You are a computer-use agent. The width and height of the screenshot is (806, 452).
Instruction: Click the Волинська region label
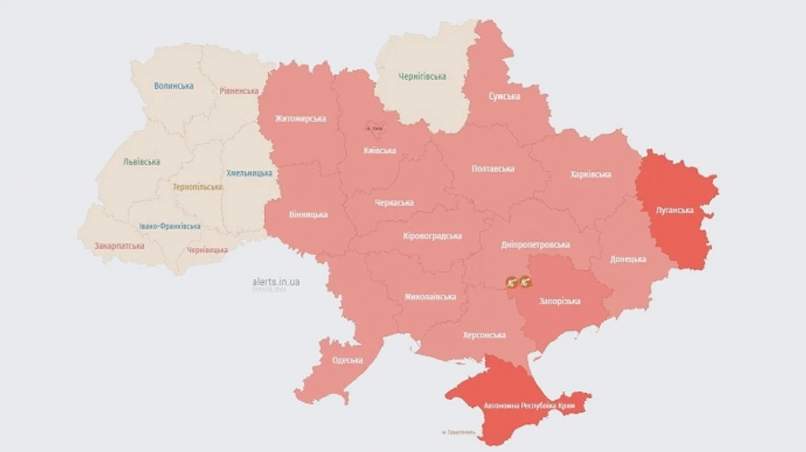174,86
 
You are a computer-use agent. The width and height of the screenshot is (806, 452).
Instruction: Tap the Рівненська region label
239,91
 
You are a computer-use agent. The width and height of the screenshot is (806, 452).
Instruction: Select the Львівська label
141,162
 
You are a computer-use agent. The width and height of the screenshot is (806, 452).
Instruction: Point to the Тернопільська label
198,187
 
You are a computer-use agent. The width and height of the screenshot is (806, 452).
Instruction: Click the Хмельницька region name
250,172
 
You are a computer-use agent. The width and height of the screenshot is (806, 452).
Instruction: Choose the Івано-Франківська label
170,226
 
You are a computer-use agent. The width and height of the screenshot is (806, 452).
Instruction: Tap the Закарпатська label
120,244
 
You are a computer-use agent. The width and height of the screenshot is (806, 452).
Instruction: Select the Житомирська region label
301,119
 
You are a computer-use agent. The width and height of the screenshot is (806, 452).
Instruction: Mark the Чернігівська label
422,77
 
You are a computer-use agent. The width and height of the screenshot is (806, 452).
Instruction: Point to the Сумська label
504,96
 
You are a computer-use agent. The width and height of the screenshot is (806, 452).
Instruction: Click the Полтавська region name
493,168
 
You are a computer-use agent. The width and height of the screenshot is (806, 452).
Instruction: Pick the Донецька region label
628,259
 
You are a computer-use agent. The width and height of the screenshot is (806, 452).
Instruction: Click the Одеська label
347,360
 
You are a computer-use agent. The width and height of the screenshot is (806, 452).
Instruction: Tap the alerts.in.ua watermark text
276,281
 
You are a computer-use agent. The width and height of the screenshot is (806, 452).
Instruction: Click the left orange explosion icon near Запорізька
511,282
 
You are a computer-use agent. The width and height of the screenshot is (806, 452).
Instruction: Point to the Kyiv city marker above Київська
373,128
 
